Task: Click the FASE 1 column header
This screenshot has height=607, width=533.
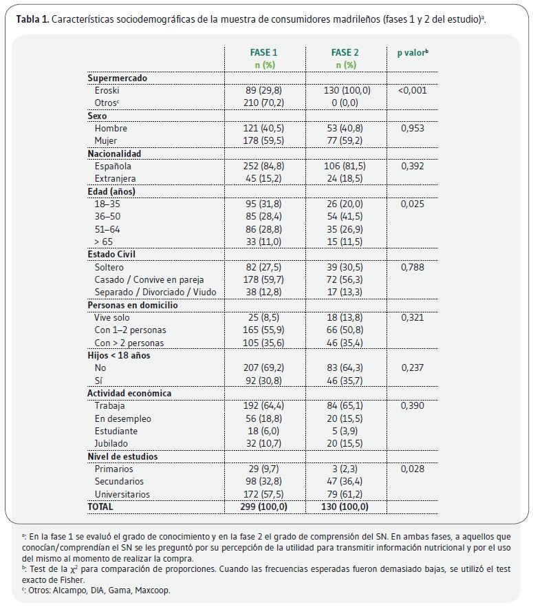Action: coord(264,52)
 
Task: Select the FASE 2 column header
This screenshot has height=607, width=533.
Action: coord(345,52)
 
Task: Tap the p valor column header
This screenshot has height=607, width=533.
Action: coord(413,52)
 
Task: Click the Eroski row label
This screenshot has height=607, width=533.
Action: coord(107,91)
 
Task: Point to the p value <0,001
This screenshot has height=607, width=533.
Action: coord(413,91)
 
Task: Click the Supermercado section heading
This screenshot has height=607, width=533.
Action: coord(117,78)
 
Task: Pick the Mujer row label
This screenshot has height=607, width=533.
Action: coord(106,140)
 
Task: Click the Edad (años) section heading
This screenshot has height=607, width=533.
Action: coord(111,191)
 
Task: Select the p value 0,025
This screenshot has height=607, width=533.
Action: coord(413,204)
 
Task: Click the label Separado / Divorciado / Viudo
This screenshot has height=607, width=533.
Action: coord(155,292)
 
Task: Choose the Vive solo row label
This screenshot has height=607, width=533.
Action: coord(112,318)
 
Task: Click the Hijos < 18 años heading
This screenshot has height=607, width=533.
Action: coord(119,355)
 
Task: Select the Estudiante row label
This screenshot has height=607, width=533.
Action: coord(116,432)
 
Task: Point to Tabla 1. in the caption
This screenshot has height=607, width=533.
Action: coord(32,19)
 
